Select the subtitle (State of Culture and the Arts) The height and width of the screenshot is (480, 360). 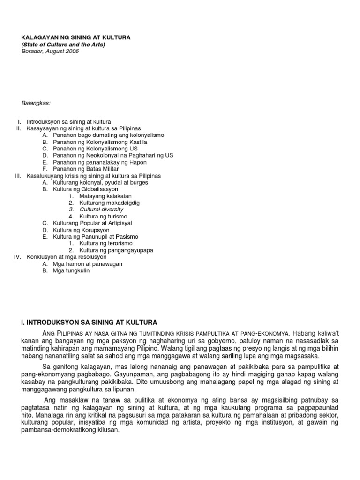[x=63, y=45]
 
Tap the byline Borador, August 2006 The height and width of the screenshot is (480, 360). [x=51, y=51]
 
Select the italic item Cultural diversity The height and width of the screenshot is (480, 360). [x=101, y=210]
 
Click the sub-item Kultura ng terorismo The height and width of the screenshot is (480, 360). [x=106, y=243]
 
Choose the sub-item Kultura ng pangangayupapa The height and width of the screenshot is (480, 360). [x=116, y=250]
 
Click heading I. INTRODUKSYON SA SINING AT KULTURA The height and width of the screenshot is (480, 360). [x=89, y=322]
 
